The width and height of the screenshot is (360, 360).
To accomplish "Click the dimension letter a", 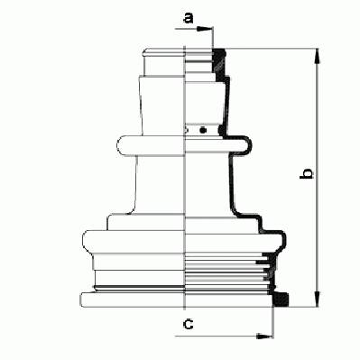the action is [189, 18].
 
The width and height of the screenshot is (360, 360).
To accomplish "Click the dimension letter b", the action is [307, 174].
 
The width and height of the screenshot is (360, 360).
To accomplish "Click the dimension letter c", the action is [189, 324].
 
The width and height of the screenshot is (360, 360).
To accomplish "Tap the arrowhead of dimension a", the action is [205, 29].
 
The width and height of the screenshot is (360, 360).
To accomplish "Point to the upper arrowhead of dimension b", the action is [317, 57].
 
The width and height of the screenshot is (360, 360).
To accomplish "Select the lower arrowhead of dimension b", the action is [317, 299].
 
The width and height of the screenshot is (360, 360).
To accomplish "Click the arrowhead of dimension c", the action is [264, 336].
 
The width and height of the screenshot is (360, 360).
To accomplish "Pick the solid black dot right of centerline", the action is [203, 130].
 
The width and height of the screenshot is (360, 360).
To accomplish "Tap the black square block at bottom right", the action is [281, 300].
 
